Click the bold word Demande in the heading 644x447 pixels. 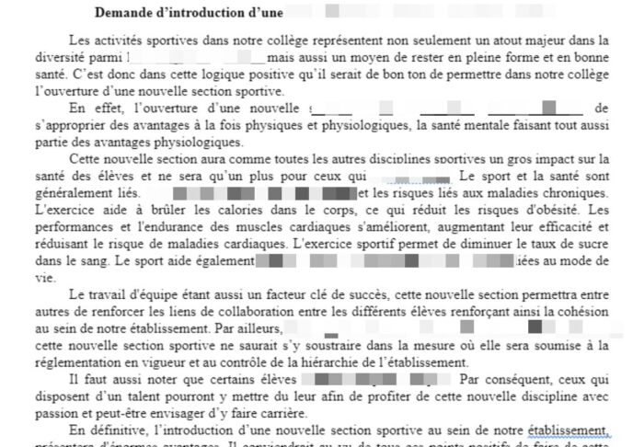124,14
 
